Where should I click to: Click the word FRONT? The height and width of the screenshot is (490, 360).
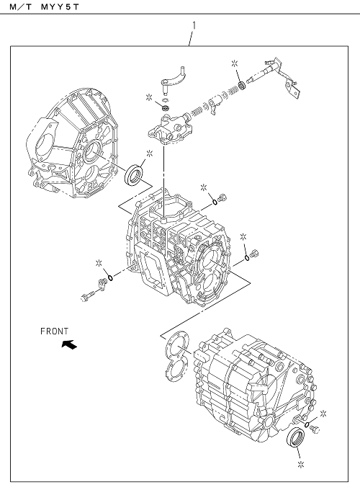(x=54, y=331)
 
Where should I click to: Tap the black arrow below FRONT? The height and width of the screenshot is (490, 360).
(x=69, y=344)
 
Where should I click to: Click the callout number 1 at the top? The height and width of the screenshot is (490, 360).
(x=194, y=25)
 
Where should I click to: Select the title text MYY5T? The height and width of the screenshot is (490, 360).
(x=60, y=7)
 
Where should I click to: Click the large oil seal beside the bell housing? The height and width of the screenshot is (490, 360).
(x=134, y=174)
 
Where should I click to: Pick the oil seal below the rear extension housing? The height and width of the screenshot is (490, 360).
(x=296, y=437)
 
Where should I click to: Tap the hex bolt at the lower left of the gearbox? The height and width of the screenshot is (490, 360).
(x=87, y=296)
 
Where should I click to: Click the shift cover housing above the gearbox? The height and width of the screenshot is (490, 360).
(x=169, y=130)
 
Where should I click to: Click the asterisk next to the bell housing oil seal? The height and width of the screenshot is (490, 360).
(x=150, y=153)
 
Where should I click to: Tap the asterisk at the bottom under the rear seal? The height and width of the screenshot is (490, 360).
(x=301, y=465)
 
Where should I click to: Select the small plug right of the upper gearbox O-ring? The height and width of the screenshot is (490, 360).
(x=222, y=198)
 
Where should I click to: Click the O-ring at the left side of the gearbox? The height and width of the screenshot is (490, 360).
(x=110, y=278)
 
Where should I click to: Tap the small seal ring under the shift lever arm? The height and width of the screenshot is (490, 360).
(x=166, y=108)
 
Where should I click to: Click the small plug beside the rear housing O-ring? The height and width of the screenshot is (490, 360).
(x=315, y=429)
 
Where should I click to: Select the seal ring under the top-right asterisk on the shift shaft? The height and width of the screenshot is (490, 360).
(x=242, y=85)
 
